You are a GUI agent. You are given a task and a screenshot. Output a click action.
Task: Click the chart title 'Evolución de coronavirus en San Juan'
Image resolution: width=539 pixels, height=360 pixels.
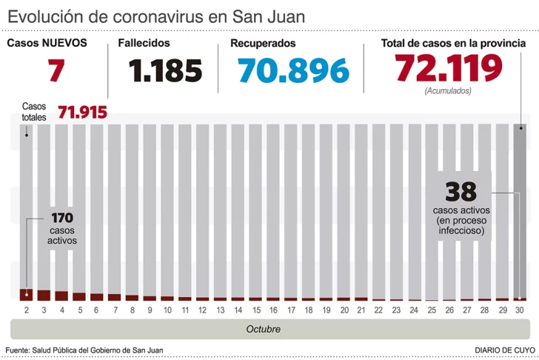pyautogui.click(x=155, y=16)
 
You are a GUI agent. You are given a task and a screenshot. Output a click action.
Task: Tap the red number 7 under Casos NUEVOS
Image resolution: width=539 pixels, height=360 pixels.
pyautogui.click(x=55, y=70)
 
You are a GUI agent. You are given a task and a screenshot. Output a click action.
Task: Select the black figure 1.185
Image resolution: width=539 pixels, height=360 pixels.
pyautogui.click(x=165, y=71)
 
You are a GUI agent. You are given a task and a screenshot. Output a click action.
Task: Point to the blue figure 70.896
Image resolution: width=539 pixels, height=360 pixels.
pyautogui.click(x=293, y=71)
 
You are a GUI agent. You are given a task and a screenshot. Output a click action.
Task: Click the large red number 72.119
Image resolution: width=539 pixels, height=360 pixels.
pyautogui.click(x=449, y=69)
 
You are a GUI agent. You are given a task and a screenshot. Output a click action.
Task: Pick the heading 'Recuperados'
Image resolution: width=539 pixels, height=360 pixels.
pyautogui.click(x=263, y=44)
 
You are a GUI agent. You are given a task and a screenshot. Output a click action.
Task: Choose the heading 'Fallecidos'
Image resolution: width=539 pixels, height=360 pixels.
pyautogui.click(x=144, y=44)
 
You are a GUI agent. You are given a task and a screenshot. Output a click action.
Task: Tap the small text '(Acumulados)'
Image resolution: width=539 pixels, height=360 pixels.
pyautogui.click(x=448, y=91)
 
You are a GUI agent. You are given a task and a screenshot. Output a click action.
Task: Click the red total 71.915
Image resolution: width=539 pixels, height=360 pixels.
pyautogui.click(x=82, y=113)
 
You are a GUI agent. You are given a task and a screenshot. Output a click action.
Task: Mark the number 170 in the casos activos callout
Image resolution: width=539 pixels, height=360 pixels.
pyautogui.click(x=62, y=219)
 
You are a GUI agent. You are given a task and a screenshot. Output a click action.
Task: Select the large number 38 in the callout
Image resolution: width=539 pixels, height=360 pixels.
pyautogui.click(x=460, y=192)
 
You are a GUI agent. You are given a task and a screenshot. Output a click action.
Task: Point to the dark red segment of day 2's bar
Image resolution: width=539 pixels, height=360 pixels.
pyautogui.click(x=26, y=294)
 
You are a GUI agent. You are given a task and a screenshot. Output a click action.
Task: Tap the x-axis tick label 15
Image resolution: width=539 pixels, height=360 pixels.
pyautogui.click(x=255, y=309)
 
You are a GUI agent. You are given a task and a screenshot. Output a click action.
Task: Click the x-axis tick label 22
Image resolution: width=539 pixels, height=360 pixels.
pyautogui.click(x=379, y=309)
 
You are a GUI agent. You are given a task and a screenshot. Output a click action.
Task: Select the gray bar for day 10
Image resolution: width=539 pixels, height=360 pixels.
pyautogui.click(x=167, y=207)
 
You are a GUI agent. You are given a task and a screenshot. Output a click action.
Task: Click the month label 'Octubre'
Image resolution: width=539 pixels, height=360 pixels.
pyautogui.click(x=263, y=328)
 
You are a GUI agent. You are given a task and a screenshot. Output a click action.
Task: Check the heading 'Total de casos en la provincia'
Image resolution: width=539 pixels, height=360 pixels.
pyautogui.click(x=453, y=44)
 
